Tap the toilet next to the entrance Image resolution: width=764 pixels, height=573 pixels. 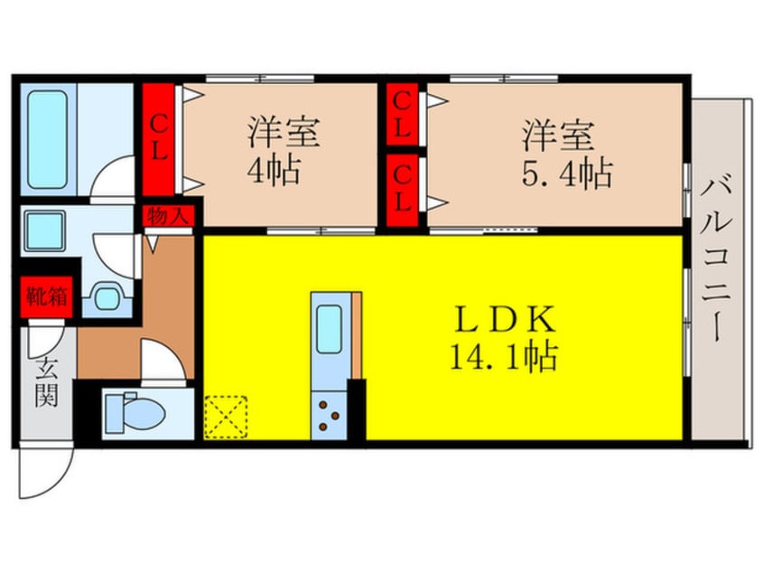[x=133, y=414]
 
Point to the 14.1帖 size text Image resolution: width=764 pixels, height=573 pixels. [x=503, y=356]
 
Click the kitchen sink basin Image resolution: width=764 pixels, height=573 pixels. [x=329, y=327]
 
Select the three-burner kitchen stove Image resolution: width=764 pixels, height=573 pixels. [x=329, y=418]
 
